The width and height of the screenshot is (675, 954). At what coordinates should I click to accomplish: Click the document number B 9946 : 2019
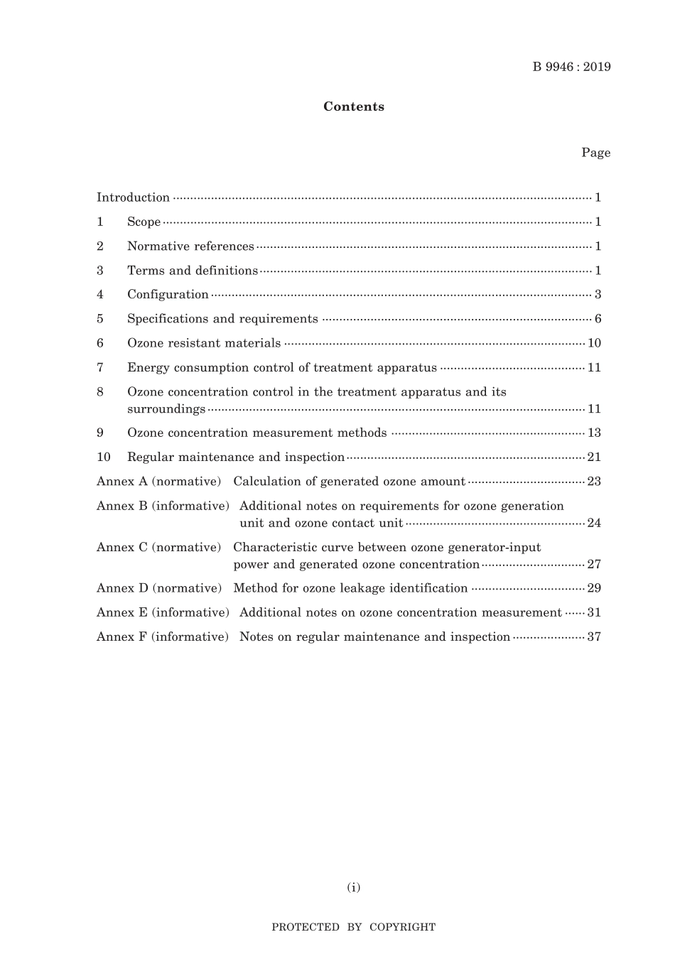tap(571, 67)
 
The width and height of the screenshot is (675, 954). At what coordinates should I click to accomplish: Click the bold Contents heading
tap(354, 107)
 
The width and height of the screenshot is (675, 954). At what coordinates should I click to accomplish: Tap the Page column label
tap(595, 153)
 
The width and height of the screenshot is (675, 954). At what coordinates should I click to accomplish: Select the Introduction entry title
tap(133, 197)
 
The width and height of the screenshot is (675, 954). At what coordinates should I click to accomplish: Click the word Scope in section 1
tap(144, 222)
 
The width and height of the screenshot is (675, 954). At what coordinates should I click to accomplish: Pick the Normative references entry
tap(190, 246)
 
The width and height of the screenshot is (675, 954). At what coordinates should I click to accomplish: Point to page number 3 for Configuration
tap(598, 295)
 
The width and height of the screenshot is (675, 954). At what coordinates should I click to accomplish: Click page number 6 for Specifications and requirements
tap(598, 319)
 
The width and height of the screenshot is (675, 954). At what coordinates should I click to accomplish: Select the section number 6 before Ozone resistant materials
tap(100, 343)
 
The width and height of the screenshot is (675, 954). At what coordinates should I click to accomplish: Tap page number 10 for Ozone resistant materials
tap(594, 343)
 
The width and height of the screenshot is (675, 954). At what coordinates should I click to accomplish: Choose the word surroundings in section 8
tap(166, 409)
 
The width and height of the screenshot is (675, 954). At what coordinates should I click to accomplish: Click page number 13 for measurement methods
tap(594, 433)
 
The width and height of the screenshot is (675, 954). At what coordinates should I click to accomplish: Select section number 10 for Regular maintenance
tap(104, 457)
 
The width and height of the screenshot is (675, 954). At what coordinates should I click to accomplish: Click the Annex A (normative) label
tap(159, 482)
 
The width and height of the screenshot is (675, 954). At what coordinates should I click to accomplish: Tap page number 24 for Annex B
tap(594, 524)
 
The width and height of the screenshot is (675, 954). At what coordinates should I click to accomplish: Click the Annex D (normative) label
tap(159, 588)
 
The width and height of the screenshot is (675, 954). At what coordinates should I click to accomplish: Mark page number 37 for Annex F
tap(594, 637)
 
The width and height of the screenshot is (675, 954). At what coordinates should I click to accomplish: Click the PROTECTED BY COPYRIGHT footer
tap(354, 927)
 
